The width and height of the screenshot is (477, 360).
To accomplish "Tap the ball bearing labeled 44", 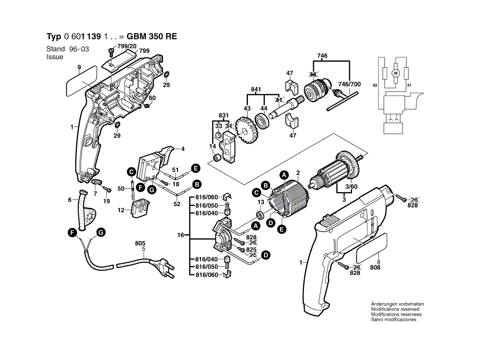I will tap(263, 121).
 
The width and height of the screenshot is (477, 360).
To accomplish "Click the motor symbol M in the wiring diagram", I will tap(395, 73).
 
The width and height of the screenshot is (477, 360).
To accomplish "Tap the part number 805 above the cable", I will tap(140, 243).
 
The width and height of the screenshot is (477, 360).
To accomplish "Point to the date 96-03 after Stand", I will tap(79, 49).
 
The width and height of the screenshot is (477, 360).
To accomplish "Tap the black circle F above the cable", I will tap(72, 232).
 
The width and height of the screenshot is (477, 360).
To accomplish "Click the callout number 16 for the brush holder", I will tap(181, 235).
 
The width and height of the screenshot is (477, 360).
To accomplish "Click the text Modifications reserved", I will tap(395, 309).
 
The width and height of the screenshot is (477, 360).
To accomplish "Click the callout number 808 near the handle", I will tap(375, 267).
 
